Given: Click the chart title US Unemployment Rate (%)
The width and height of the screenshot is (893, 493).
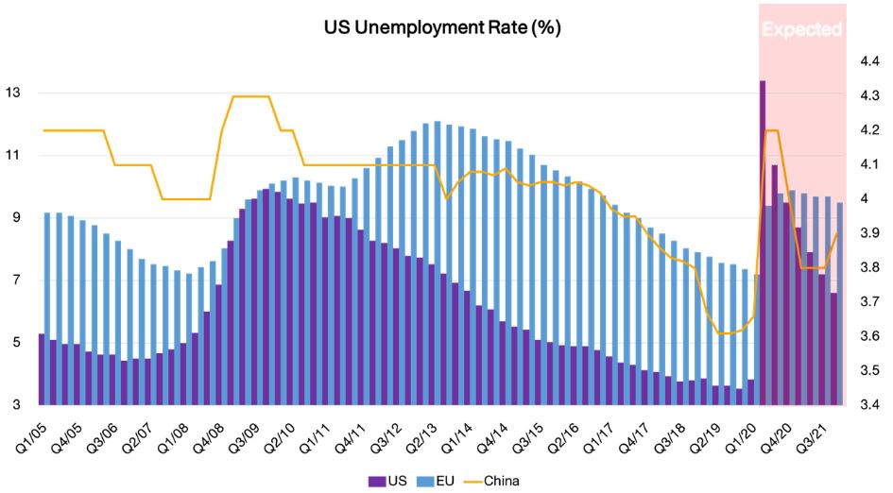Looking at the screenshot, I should (443, 28).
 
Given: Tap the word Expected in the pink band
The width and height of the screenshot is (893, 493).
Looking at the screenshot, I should (801, 29).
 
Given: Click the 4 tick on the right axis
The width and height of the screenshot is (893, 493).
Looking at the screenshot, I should (864, 199).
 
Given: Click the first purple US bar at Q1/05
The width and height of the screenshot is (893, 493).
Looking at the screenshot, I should (42, 368).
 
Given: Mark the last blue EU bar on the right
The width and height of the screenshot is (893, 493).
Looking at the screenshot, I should (840, 302).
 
